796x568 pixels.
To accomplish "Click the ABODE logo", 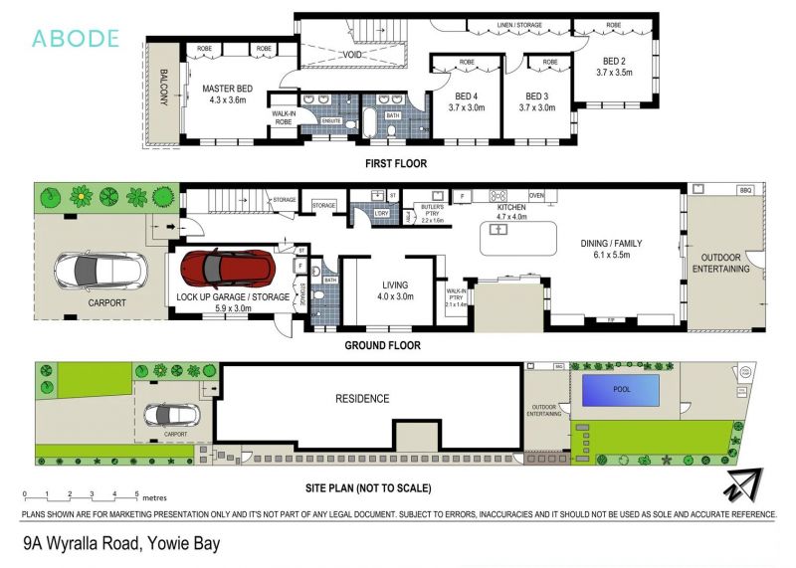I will [x=76, y=39].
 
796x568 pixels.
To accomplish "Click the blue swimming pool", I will [x=623, y=390].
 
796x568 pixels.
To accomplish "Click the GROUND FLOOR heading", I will [x=382, y=345].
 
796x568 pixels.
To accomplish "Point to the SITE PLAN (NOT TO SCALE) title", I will [x=368, y=488].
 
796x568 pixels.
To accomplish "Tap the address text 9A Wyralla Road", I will [x=120, y=543].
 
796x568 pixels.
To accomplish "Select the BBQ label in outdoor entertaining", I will [x=745, y=189].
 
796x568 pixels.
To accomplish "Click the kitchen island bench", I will [x=518, y=238].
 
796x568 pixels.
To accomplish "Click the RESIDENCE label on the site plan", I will [x=361, y=399].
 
